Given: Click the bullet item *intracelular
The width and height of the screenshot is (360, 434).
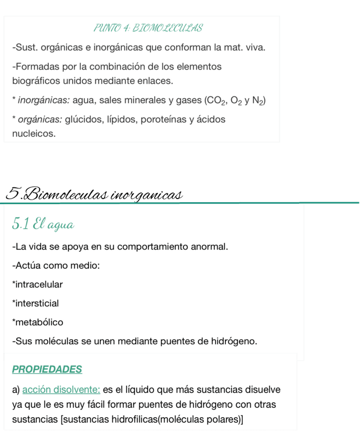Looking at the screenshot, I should [37, 284].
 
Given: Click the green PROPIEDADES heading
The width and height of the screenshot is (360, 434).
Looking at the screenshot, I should [47, 369].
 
